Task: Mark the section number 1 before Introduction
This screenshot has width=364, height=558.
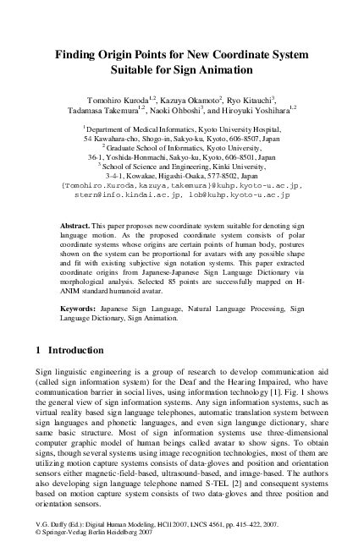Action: (39, 349)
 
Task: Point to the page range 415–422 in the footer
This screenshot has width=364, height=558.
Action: (254, 537)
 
